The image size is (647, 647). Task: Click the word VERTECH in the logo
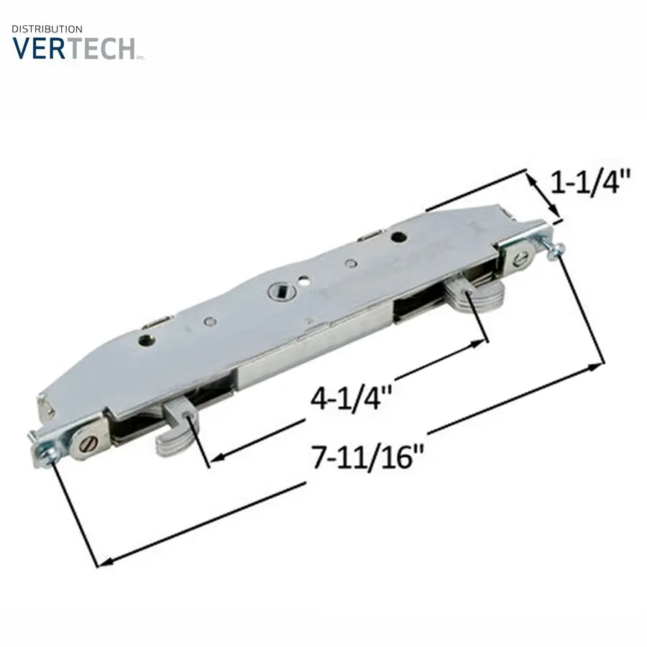point(73,48)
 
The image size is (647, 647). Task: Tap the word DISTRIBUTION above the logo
point(47,29)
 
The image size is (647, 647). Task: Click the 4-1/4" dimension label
point(350,398)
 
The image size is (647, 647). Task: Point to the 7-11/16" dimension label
point(368,456)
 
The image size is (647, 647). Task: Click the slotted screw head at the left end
point(89,445)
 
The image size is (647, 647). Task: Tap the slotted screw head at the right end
point(521,260)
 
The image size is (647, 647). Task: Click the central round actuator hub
point(277,291)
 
